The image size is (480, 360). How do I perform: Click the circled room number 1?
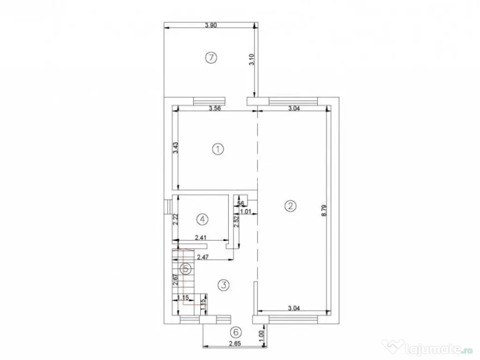217,149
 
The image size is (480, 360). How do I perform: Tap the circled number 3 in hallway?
224,285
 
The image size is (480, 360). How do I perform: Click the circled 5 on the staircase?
186,269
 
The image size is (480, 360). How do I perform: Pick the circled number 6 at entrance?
236,332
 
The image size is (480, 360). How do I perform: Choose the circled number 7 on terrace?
211,58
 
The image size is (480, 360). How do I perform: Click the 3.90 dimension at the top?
211,26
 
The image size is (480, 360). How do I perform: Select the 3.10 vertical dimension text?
251,59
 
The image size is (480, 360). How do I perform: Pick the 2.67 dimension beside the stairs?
175,280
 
